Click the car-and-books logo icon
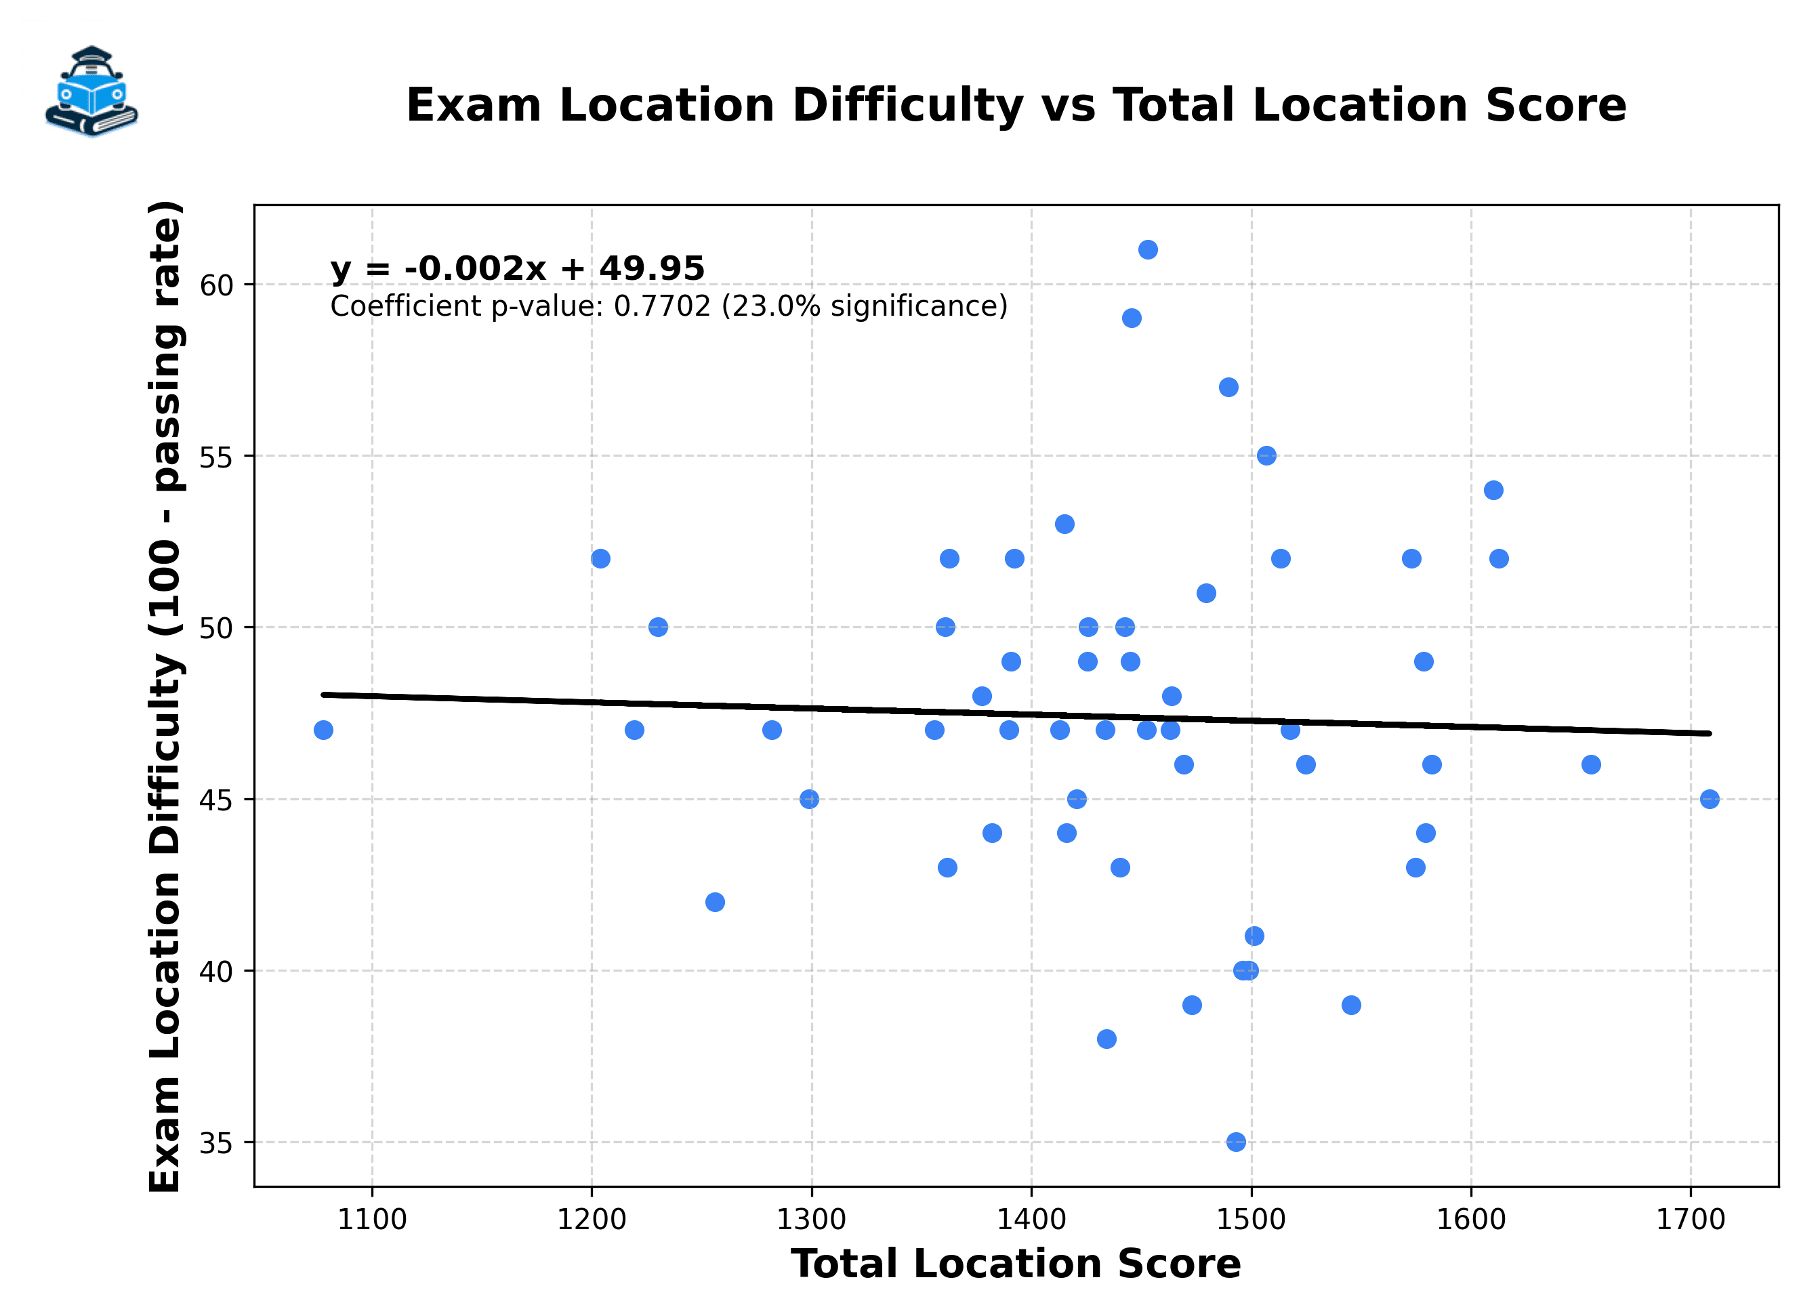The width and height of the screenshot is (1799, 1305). pyautogui.click(x=91, y=91)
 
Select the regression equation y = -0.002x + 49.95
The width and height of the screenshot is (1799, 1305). pyautogui.click(x=517, y=268)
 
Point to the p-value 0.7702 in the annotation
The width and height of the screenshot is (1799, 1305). pyautogui.click(x=662, y=306)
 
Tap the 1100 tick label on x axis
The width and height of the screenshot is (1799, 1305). pyautogui.click(x=371, y=1220)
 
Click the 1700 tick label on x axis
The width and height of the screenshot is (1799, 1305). pyautogui.click(x=1691, y=1220)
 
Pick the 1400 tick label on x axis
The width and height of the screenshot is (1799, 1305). pyautogui.click(x=1031, y=1220)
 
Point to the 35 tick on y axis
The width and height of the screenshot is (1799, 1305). pyautogui.click(x=215, y=1143)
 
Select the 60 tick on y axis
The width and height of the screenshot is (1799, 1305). pyautogui.click(x=215, y=285)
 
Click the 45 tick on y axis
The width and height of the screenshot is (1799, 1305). pyautogui.click(x=215, y=800)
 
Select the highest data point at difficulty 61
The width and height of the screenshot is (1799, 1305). pyautogui.click(x=1148, y=250)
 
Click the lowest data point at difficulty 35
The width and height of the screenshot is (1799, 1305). pyautogui.click(x=1236, y=1142)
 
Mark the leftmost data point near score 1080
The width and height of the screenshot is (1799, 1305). pyautogui.click(x=323, y=730)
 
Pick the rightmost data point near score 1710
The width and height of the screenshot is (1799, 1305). pyautogui.click(x=1710, y=799)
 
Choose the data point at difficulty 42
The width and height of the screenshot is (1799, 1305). pyautogui.click(x=715, y=902)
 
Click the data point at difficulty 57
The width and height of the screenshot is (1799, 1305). pyautogui.click(x=1228, y=387)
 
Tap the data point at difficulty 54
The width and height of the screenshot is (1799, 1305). pyautogui.click(x=1493, y=491)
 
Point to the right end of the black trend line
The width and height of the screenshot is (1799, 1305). pyautogui.click(x=1709, y=733)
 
